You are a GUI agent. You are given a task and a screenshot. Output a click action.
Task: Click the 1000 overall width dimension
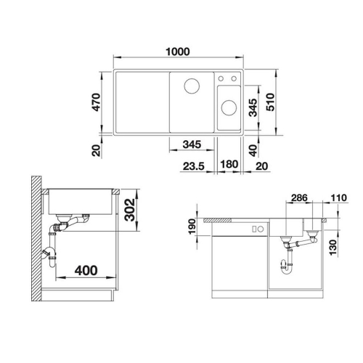click(x=178, y=52)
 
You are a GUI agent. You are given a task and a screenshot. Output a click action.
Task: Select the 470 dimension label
click(x=97, y=102)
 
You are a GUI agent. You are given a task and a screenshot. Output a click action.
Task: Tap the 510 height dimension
click(x=271, y=102)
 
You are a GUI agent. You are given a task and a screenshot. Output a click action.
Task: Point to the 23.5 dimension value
click(x=194, y=166)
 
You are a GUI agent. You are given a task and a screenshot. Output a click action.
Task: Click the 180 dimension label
click(x=229, y=164)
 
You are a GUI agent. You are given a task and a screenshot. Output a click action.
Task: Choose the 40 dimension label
click(x=253, y=150)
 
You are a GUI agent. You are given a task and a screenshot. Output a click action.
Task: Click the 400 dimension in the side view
click(x=86, y=271)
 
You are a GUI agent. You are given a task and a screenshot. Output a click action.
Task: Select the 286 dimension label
click(x=299, y=198)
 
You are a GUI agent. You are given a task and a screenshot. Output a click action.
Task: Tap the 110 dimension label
click(x=339, y=198)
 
